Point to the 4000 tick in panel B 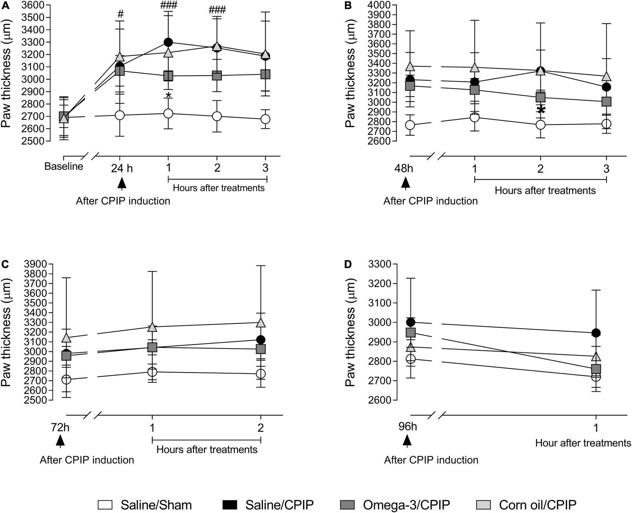pos(380,5)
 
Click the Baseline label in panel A pos(64,167)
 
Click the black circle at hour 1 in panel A pos(168,42)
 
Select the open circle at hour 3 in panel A pos(265,119)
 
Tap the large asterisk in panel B pos(541,110)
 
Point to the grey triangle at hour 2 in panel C pos(261,322)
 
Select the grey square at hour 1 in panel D pos(596,368)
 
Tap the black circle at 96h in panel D pos(411,322)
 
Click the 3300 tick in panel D pos(382,264)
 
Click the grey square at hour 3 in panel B pos(606,102)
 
